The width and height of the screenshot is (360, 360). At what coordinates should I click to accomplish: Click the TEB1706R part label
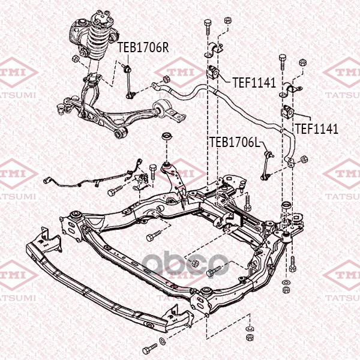click(x=143, y=47)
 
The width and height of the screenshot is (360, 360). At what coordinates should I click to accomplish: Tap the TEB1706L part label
click(x=235, y=142)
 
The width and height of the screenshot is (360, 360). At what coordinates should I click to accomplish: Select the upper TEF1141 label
click(x=254, y=83)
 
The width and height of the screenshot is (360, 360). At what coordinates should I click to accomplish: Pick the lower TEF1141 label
click(x=317, y=129)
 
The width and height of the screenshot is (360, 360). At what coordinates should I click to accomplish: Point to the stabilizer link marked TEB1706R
click(x=128, y=82)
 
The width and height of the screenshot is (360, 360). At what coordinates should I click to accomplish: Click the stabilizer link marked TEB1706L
click(x=267, y=166)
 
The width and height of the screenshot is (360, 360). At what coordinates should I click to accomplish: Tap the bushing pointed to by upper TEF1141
click(x=214, y=72)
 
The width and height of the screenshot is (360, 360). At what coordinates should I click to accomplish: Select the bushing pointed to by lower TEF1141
click(x=288, y=112)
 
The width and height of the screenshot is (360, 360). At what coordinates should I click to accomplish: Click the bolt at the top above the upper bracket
click(x=208, y=26)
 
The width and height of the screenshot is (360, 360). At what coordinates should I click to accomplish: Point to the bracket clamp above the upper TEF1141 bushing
click(x=214, y=49)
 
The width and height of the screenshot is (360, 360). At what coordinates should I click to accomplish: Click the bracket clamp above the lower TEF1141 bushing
click(x=290, y=90)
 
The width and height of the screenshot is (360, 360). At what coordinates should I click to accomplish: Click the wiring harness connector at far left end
click(x=46, y=181)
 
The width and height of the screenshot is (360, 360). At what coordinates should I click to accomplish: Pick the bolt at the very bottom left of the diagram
click(x=149, y=349)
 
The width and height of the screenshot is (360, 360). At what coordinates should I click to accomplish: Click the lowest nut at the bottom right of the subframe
click(x=250, y=337)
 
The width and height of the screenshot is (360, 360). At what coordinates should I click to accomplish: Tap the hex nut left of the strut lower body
click(x=76, y=59)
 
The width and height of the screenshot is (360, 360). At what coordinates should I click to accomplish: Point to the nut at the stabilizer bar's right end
click(x=304, y=160)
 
